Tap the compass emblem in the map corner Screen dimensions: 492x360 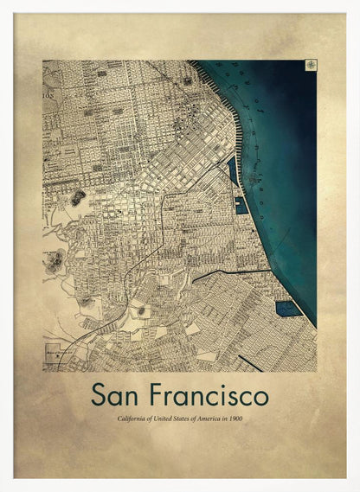point(309,66)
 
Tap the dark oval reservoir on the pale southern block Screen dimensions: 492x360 point(141,310)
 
